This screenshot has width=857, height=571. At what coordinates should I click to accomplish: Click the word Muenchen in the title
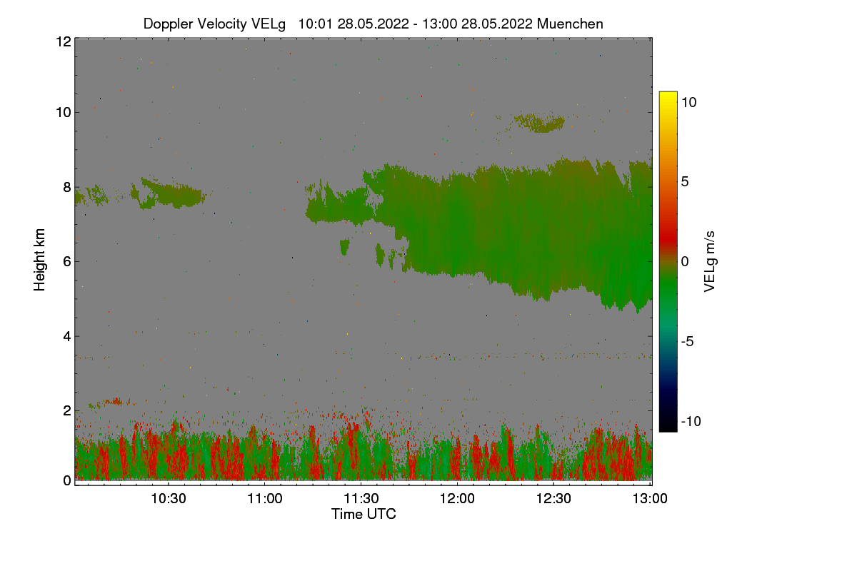570,24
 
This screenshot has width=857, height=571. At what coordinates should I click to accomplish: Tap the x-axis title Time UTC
364,514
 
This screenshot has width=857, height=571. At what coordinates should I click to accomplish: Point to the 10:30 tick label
169,498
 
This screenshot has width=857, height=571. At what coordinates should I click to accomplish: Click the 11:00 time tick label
265,498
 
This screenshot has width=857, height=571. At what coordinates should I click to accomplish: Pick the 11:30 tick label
361,498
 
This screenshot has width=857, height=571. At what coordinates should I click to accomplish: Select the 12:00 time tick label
458,498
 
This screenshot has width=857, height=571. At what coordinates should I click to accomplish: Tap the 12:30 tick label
554,498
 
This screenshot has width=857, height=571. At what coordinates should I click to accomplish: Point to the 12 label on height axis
62,41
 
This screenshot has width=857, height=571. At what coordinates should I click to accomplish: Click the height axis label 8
66,188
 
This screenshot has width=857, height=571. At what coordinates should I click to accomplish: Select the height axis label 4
66,336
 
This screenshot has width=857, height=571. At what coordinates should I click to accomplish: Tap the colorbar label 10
688,102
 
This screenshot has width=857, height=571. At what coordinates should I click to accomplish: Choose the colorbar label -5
688,341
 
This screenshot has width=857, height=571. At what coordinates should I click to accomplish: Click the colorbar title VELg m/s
710,261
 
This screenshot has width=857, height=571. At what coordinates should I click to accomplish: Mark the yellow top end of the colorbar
668,95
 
